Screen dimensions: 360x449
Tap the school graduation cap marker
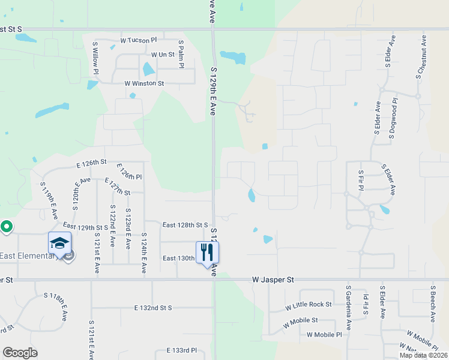click(x=59, y=243)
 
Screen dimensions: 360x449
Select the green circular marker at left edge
click(x=6, y=227)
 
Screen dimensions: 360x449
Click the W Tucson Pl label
click(x=138, y=40)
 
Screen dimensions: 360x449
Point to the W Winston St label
click(x=144, y=83)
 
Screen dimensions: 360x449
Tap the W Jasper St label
click(x=273, y=280)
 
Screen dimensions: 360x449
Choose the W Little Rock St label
click(x=309, y=305)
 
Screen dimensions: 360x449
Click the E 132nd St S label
click(x=153, y=308)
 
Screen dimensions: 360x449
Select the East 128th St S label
click(x=185, y=225)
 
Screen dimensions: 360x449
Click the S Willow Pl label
click(x=95, y=58)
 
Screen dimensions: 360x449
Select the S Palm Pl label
click(x=181, y=55)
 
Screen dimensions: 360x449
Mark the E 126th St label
click(x=91, y=163)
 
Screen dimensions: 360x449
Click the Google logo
click(x=20, y=353)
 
